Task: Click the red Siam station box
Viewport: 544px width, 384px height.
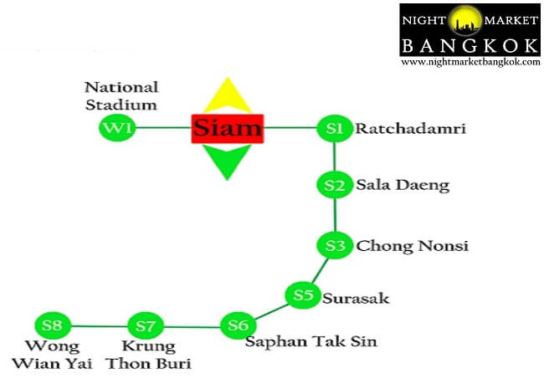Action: coord(228,129)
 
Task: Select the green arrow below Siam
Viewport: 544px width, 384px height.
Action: coord(227,161)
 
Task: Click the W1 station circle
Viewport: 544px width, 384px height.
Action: coord(117,128)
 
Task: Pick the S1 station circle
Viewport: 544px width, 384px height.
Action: coord(335,128)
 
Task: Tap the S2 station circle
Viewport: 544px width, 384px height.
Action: coord(335,185)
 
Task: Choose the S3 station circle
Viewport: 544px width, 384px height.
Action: coord(335,245)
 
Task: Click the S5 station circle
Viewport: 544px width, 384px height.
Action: coord(303,295)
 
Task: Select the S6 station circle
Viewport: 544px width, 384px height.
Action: coord(239,325)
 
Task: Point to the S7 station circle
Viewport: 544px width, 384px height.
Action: coord(146,325)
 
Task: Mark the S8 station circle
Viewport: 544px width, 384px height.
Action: coord(53,325)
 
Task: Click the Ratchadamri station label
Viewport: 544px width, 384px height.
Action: coord(411,129)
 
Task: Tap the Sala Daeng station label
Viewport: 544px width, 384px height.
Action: coord(403,186)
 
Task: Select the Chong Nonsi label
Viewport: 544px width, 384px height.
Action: coord(413,246)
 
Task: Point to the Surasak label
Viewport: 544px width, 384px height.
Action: coord(356,299)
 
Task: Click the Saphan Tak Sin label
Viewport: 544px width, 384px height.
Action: coord(311,341)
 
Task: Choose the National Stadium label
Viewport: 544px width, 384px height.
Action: coord(121,96)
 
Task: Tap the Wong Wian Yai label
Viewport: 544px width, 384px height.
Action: coord(53,355)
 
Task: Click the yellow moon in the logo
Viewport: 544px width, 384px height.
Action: coord(464,20)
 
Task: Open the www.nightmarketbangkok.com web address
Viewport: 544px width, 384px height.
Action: coord(470,63)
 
